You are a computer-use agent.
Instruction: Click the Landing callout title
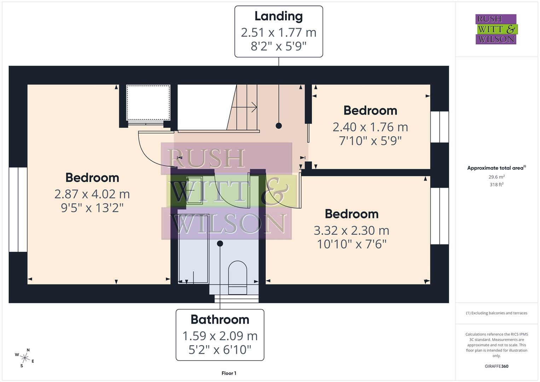click(279, 16)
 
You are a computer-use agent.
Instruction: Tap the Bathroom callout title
click(220, 319)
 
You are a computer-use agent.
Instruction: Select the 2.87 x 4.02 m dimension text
click(92, 194)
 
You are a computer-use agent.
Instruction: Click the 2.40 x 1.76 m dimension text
click(370, 127)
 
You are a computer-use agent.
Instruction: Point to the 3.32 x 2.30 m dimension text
click(352, 231)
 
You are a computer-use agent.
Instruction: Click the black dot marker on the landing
click(279, 126)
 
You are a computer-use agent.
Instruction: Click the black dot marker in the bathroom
click(220, 243)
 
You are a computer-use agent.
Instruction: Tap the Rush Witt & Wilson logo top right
click(496, 29)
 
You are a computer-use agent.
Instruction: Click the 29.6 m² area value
click(497, 177)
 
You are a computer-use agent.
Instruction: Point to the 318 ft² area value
click(497, 185)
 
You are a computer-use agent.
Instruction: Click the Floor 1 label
click(229, 373)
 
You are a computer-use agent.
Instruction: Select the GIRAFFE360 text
click(497, 366)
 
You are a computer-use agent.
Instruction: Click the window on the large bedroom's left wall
click(18, 209)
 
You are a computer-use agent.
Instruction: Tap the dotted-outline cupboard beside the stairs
click(148, 103)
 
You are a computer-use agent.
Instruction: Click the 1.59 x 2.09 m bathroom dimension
click(220, 336)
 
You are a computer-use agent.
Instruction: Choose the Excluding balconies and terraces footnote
click(497, 313)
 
